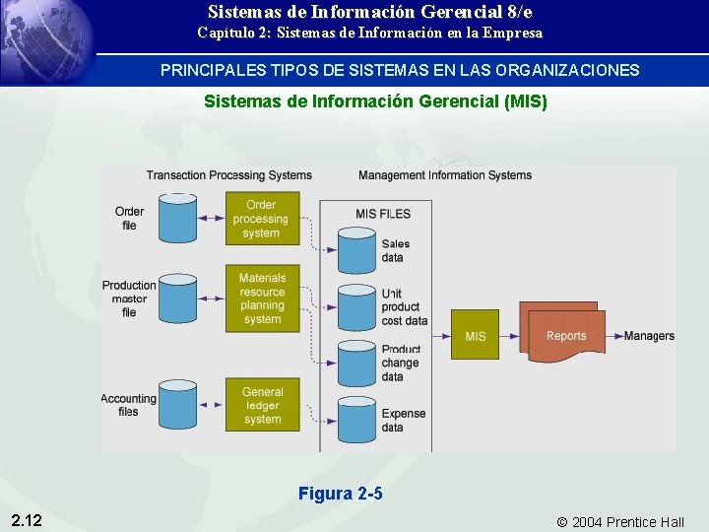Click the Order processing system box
pos(261,219)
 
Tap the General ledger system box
pos(262,405)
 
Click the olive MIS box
pos(475,336)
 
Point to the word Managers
pos(649,336)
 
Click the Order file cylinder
pos(178,219)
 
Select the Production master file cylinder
pos(178,299)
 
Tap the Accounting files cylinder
pos(178,405)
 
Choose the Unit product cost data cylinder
pos(355,307)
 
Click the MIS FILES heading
pos(383,214)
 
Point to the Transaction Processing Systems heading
pos(229,175)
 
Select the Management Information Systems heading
pos(445,175)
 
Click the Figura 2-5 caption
pos(341,494)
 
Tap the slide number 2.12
pos(27,519)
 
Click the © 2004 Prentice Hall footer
pos(620,521)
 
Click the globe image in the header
pos(49,34)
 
